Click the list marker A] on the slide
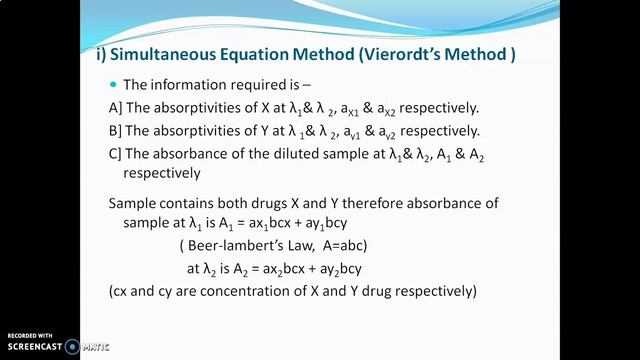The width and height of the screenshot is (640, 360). coord(114,108)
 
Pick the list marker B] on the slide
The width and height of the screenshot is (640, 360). coord(114,130)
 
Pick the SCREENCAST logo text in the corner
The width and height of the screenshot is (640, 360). coord(39,346)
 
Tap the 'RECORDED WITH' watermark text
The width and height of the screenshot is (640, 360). coord(31,333)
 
